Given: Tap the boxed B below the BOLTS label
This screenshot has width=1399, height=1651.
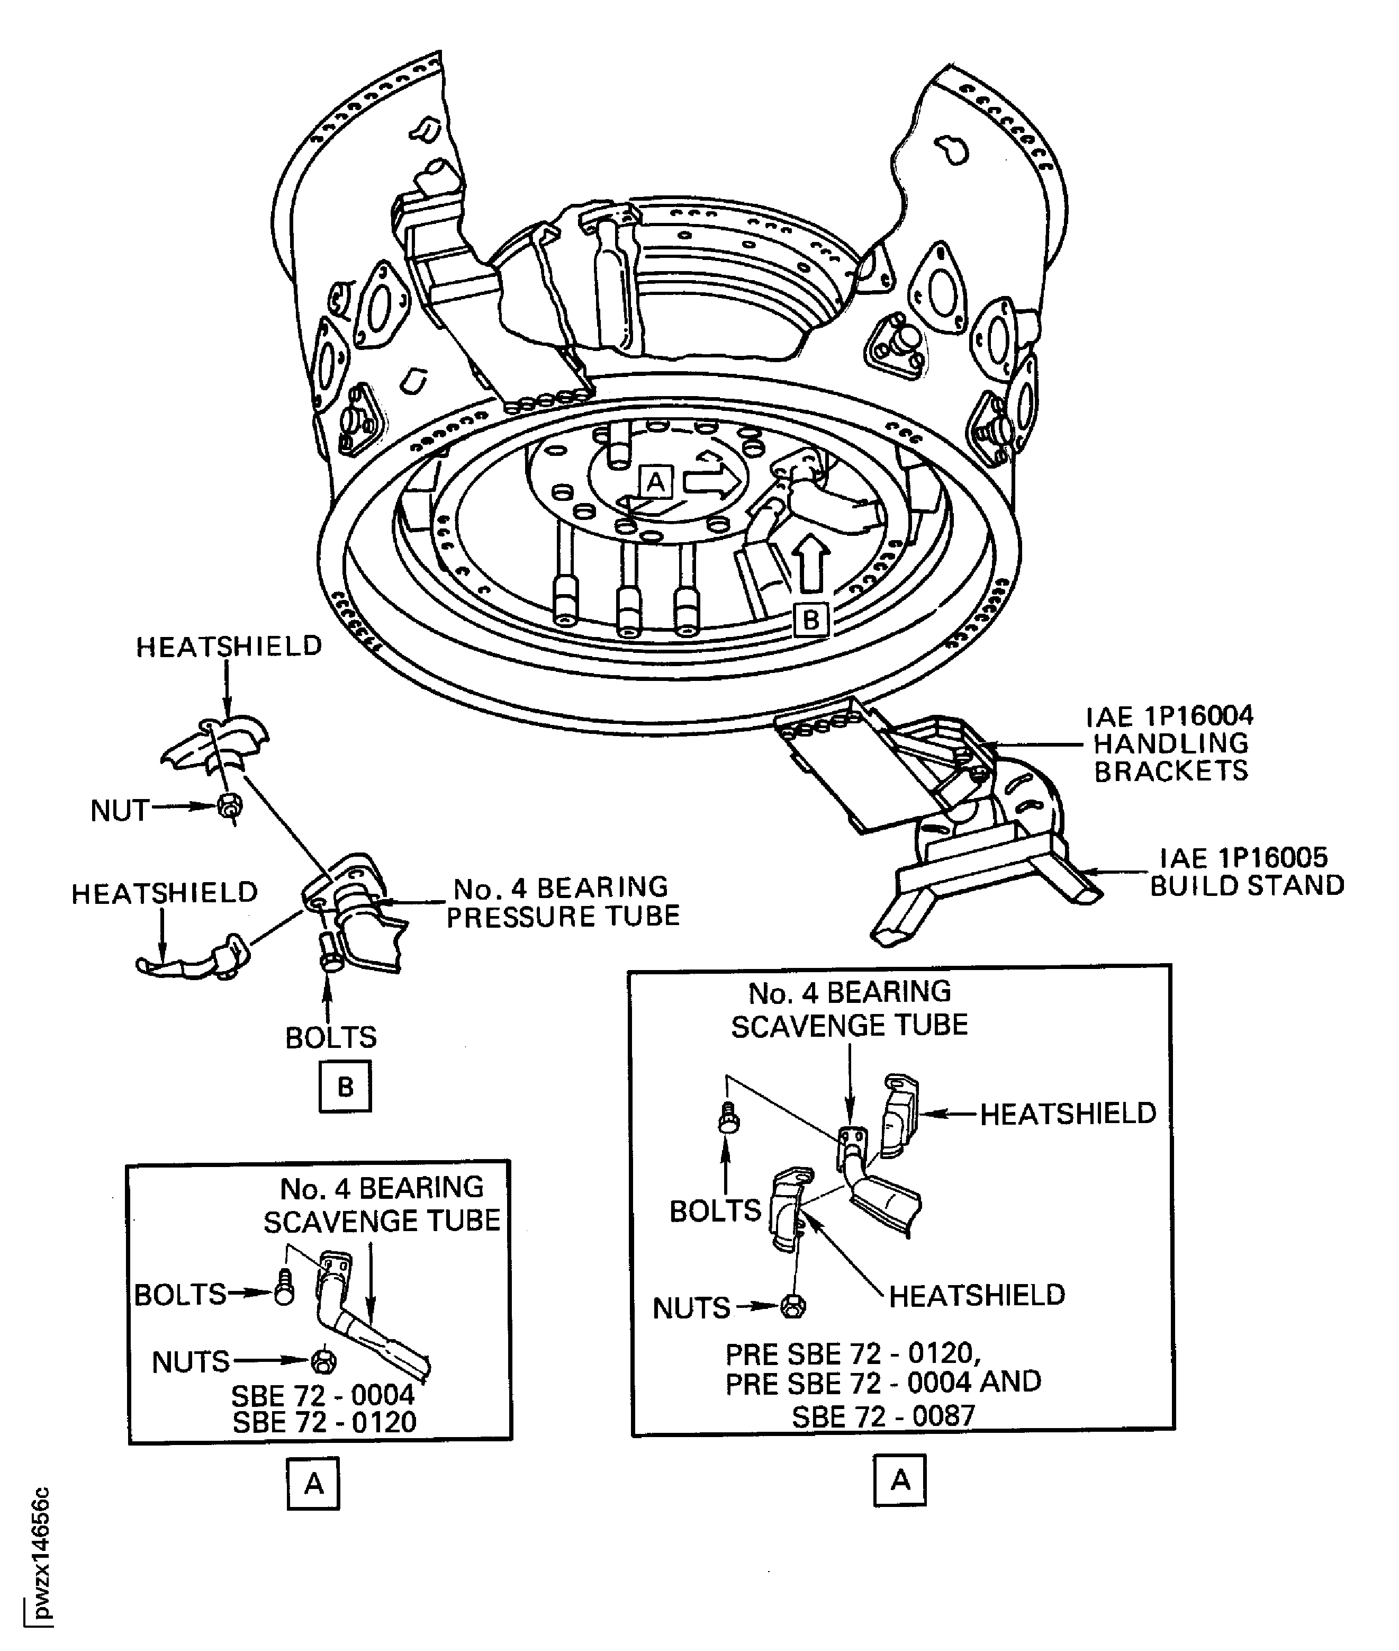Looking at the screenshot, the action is [345, 1086].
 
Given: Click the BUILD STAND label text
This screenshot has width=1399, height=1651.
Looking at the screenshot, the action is [1247, 885].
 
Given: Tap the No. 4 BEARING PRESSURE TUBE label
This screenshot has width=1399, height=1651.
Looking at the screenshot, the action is [562, 901].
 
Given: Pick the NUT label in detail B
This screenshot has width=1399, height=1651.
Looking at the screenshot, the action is [120, 811].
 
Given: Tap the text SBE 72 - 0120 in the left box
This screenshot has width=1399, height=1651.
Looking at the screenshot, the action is [324, 1422].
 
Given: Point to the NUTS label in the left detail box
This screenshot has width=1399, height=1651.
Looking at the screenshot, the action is [191, 1362].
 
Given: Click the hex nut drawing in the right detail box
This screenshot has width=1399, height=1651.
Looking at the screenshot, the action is [792, 1306].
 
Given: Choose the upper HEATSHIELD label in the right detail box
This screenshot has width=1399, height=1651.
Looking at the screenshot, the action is [1068, 1114].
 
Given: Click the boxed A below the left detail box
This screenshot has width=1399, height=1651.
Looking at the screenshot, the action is [313, 1483].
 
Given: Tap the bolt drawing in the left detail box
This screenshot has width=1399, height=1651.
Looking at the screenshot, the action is [284, 1291].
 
